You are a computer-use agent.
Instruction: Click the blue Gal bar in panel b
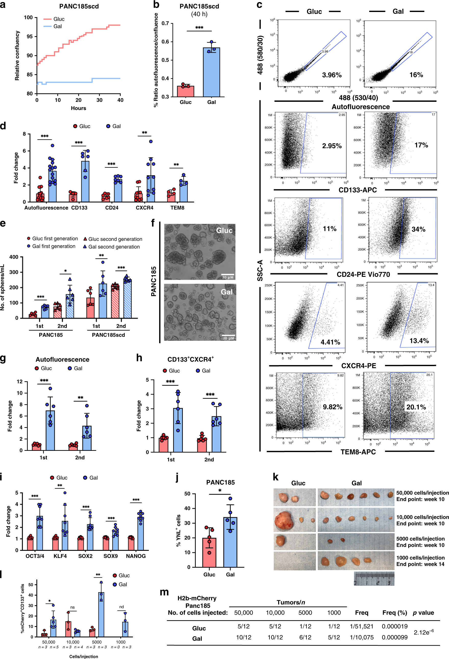pyautogui.click(x=211, y=72)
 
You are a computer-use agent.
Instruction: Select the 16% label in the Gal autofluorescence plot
pyautogui.click(x=416, y=75)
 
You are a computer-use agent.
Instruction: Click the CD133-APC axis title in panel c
pyautogui.click(x=357, y=190)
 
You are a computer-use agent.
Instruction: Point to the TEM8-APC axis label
pyautogui.click(x=358, y=452)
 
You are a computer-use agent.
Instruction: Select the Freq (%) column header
pyautogui.click(x=394, y=613)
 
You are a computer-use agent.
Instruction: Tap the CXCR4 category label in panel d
pyautogui.click(x=144, y=208)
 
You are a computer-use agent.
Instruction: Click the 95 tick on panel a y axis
pyautogui.click(x=30, y=36)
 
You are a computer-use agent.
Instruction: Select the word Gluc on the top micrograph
pyautogui.click(x=224, y=231)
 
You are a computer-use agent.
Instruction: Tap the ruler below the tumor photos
pyautogui.click(x=374, y=578)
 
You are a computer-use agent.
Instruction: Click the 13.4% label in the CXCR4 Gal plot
pyautogui.click(x=419, y=341)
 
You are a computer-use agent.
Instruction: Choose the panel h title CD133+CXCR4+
pyautogui.click(x=190, y=359)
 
